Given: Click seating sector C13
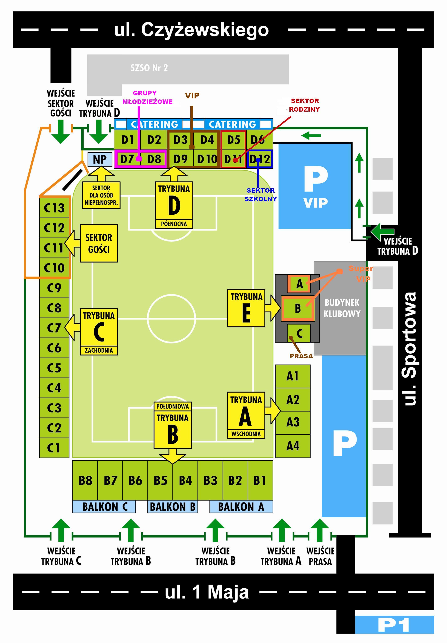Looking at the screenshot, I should [x=54, y=208].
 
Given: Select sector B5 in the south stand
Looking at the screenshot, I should [x=160, y=481].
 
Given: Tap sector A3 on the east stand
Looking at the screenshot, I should [x=293, y=422].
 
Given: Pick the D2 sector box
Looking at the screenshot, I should [x=154, y=140].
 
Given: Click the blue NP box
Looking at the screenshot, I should [x=100, y=159].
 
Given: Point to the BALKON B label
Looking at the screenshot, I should [x=172, y=507].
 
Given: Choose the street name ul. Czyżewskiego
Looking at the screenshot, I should [x=191, y=30].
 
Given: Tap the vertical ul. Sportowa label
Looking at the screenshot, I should [x=410, y=348].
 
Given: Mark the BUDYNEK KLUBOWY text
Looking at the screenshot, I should [x=342, y=308].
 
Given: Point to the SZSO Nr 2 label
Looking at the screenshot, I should [x=149, y=68].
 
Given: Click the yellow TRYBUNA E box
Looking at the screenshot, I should [x=246, y=308].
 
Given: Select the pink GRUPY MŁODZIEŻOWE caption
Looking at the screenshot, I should [x=147, y=97].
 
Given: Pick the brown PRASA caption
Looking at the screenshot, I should [x=301, y=356].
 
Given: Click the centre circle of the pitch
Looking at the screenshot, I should [x=171, y=318].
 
